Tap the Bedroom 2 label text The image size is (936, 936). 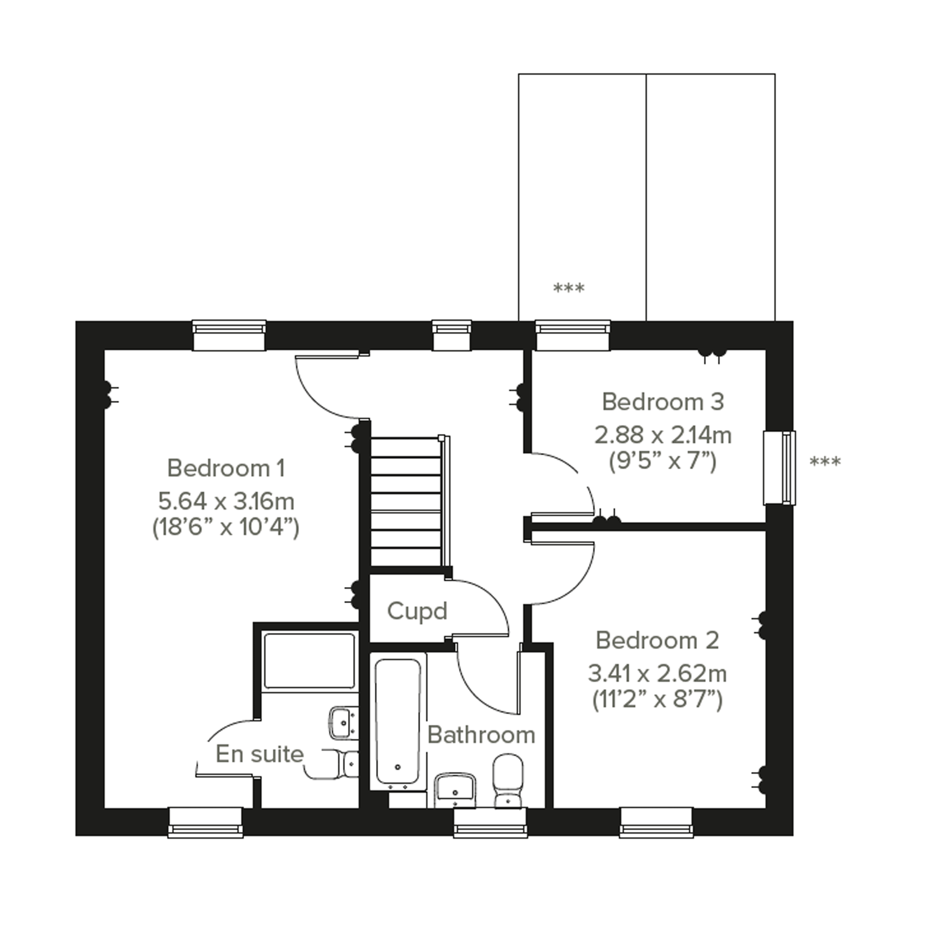(x=657, y=641)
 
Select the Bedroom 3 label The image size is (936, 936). (x=663, y=402)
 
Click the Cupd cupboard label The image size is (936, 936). (x=416, y=612)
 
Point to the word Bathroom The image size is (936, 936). (x=481, y=735)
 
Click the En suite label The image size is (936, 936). (x=259, y=754)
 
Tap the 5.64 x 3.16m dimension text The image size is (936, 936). (x=226, y=502)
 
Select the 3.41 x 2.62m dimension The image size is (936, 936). (x=657, y=674)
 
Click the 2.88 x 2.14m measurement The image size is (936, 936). (x=663, y=435)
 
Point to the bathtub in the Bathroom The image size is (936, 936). (x=398, y=722)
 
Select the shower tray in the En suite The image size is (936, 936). (x=309, y=661)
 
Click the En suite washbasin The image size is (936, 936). (x=343, y=723)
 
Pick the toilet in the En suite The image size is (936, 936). (x=339, y=764)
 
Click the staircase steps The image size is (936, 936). (x=406, y=501)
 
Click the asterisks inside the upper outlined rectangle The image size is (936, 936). (x=569, y=288)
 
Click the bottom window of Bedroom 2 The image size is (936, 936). (x=656, y=823)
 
